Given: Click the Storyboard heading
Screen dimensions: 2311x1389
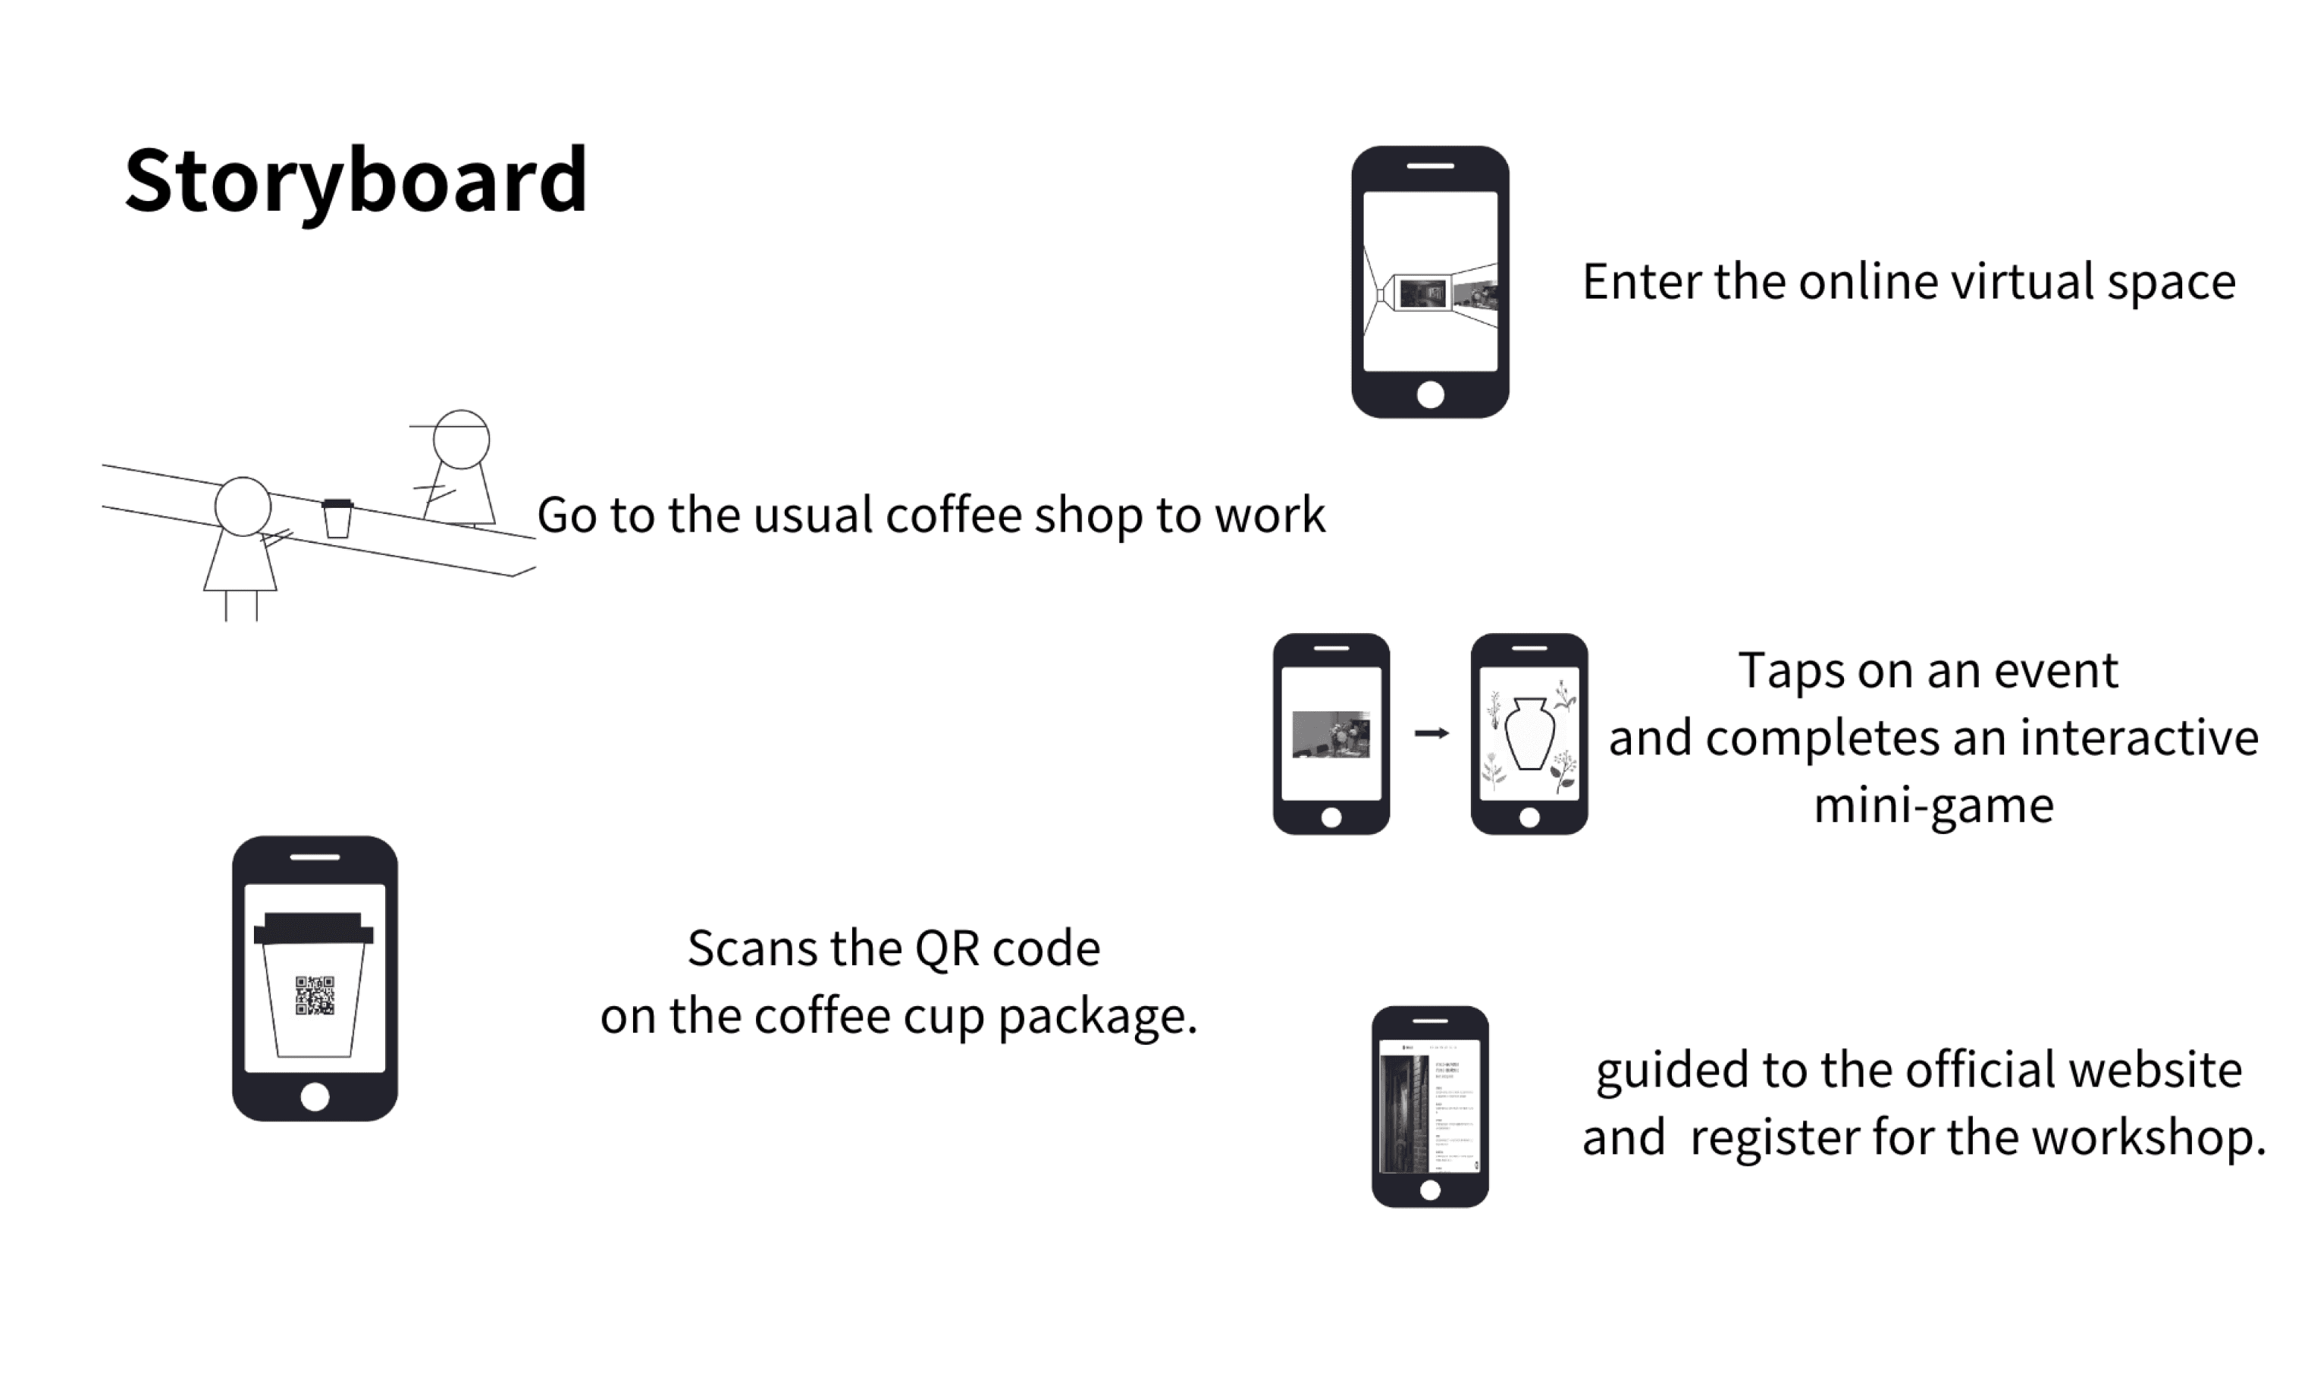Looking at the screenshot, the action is [356, 180].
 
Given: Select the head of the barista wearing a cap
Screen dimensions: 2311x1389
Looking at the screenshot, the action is [462, 439].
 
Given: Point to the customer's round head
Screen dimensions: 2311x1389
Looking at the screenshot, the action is [243, 506].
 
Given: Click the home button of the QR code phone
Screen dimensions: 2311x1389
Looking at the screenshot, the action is [315, 1096].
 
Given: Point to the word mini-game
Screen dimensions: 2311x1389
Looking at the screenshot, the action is [1933, 805].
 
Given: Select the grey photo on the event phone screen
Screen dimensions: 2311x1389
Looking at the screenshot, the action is [1330, 735].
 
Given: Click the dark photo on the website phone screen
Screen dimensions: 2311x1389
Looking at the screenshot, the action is [1405, 1114].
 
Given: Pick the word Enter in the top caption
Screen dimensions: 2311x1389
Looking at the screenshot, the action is [1641, 282].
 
